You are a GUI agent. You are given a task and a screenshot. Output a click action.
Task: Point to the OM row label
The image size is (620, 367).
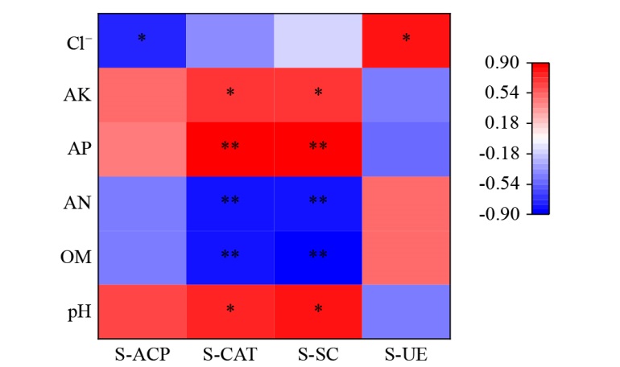coord(76,257)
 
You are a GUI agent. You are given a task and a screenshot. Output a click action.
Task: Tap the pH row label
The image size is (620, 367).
coord(77,311)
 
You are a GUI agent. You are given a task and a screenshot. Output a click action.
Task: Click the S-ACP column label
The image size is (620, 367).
coord(143,353)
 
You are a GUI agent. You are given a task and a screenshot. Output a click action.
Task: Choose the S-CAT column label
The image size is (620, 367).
coord(230,353)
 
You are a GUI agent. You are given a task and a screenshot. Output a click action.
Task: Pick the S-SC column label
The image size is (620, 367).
coord(318,353)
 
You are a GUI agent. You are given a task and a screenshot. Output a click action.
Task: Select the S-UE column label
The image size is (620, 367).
coord(406,353)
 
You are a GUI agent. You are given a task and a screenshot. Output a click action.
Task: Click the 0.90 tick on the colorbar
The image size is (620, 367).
coord(502,62)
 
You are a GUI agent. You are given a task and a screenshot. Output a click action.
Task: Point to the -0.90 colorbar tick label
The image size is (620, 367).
coord(499,214)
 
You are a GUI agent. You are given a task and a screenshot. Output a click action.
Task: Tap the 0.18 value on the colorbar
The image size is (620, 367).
coord(502,123)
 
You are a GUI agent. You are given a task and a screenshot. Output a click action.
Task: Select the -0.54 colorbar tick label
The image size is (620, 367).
coord(499,183)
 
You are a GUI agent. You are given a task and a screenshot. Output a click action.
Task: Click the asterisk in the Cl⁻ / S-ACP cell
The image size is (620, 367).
coord(143,39)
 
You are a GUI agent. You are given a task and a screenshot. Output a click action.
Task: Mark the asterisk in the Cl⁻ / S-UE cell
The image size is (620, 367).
coord(406,39)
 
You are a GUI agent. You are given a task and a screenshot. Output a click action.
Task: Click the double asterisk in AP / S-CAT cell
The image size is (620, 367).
coord(230,147)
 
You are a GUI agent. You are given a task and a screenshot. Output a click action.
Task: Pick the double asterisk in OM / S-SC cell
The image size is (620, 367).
coord(318,255)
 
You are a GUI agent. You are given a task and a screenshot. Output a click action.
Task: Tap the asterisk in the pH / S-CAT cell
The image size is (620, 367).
coord(230,309)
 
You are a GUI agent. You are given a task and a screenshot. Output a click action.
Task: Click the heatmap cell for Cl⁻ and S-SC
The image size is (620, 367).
coord(318,40)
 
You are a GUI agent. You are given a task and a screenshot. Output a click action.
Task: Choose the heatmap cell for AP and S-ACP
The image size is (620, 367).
coord(143,149)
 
